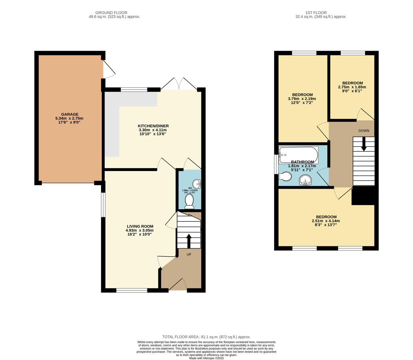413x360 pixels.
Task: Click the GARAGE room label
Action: (70, 114)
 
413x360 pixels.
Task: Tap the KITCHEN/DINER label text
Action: (153, 126)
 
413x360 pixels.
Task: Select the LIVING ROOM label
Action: (140, 226)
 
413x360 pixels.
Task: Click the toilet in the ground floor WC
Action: (189, 201)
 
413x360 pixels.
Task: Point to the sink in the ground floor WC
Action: (198, 184)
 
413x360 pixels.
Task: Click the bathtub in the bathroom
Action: (298, 155)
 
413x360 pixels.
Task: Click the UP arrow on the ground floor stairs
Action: (189, 241)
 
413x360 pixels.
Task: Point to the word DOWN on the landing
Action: (364, 131)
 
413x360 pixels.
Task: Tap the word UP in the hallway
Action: (189, 255)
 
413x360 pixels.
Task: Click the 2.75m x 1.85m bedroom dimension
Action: (352, 87)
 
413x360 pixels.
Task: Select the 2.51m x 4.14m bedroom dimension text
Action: (326, 221)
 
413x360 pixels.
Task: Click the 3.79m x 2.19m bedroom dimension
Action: (302, 99)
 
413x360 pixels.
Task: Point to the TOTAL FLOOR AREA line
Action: (206, 337)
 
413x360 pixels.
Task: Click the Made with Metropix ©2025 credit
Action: (206, 358)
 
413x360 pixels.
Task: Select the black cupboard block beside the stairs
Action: (363, 196)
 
